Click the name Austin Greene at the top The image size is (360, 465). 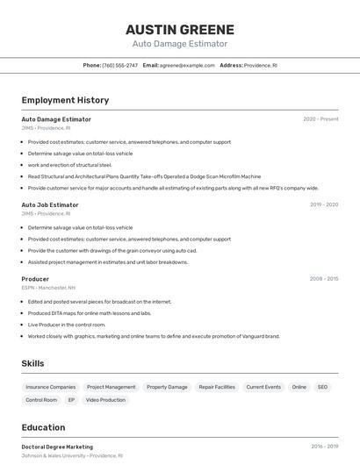click(x=179, y=29)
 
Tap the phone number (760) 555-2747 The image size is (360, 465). click(x=120, y=65)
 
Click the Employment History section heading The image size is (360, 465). click(x=65, y=100)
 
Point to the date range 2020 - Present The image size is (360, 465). click(x=320, y=119)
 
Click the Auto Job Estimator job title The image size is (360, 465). click(x=50, y=204)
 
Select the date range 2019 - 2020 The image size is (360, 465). click(x=323, y=204)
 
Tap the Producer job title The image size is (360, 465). click(x=35, y=279)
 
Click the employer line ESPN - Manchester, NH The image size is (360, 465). click(x=48, y=288)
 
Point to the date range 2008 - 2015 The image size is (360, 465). click(x=323, y=279)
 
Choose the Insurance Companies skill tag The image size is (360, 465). click(x=51, y=387)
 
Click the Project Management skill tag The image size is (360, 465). click(x=112, y=387)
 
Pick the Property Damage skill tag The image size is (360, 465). click(x=167, y=387)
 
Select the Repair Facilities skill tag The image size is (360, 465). click(x=217, y=387)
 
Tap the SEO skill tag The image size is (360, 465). click(x=322, y=387)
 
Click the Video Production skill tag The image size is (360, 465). click(x=105, y=400)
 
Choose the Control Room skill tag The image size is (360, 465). click(x=41, y=400)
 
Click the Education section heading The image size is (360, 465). click(x=43, y=427)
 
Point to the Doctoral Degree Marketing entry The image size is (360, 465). click(x=57, y=447)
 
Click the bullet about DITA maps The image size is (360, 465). click(x=90, y=313)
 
